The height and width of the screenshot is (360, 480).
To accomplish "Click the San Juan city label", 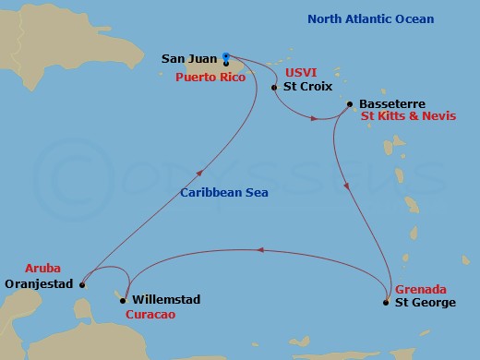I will [189, 59].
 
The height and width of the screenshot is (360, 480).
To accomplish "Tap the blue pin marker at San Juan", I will [226, 57].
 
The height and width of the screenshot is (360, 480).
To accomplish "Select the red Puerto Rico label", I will [211, 77].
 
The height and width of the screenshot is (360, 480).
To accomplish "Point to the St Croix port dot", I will [274, 88].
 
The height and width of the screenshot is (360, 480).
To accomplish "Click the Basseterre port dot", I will [349, 104].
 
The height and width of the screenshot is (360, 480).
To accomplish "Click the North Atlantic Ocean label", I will [370, 19].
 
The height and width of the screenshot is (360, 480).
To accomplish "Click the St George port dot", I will [386, 302].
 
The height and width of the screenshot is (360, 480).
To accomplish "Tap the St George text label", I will [426, 302].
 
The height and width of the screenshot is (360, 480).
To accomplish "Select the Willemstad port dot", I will [123, 300].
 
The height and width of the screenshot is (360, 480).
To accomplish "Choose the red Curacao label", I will [150, 314].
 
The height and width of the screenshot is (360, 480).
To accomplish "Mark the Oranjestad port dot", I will [81, 285].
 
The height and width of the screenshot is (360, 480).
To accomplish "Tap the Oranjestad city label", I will [38, 283].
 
